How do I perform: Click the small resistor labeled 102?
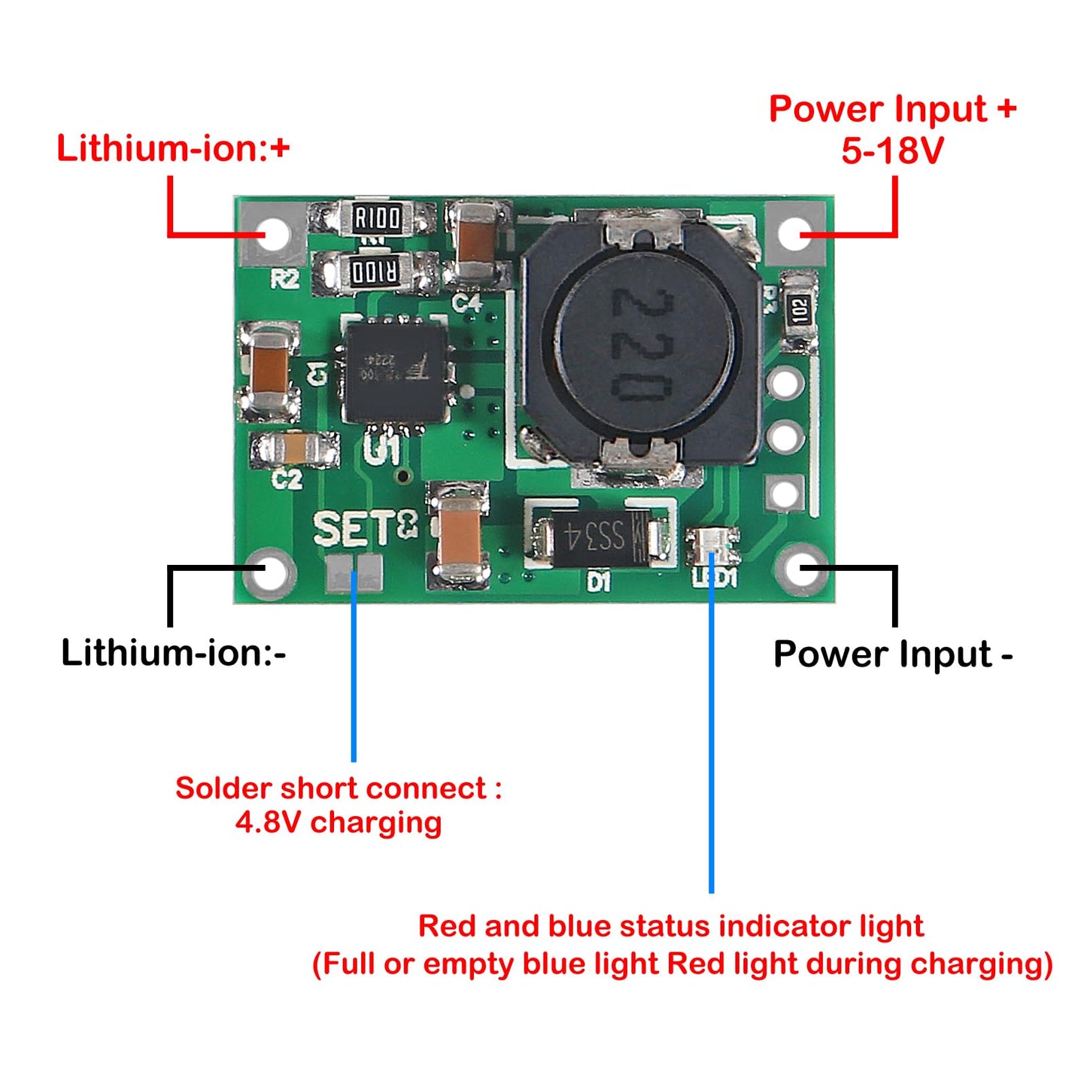coord(799,309)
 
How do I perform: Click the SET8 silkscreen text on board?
coord(365,528)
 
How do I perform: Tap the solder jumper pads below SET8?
coord(354,573)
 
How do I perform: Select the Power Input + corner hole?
coord(795,234)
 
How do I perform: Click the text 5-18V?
coord(892,150)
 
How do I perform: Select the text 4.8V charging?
coord(339,822)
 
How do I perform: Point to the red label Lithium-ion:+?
coord(173,148)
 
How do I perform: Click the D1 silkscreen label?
coord(599,581)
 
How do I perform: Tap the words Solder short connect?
coord(331,788)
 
